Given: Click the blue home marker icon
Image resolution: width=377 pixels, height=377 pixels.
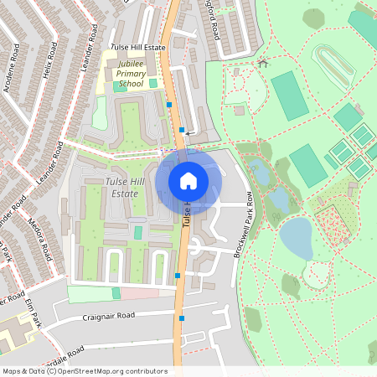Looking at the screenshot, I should click(188, 180).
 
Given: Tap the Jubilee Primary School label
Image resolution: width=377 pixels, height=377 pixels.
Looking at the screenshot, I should click(130, 74).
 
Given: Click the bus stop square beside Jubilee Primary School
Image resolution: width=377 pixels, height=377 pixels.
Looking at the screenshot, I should click(169, 105).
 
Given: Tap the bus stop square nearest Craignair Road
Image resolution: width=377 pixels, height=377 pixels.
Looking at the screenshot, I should click(181, 318).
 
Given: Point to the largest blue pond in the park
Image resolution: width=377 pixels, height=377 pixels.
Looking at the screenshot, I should click(297, 238).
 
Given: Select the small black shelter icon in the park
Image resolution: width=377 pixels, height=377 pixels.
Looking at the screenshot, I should click(263, 62).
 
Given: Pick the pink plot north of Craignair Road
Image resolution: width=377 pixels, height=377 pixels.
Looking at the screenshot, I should click(138, 293).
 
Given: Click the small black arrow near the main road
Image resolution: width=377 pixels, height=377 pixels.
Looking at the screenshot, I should click(189, 133).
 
